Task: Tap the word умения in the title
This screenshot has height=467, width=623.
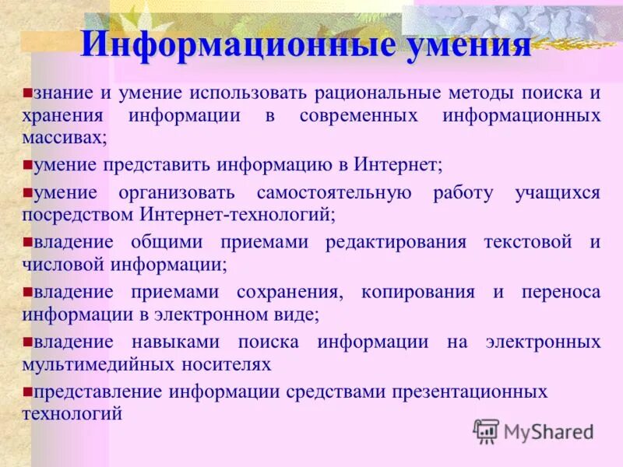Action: pyautogui.click(x=466, y=45)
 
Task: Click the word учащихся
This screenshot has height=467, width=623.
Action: pyautogui.click(x=557, y=193)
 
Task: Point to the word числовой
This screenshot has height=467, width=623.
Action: pyautogui.click(x=63, y=264)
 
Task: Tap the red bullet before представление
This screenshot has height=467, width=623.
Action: pyautogui.click(x=26, y=391)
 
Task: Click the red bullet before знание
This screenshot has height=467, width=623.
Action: pyautogui.click(x=26, y=93)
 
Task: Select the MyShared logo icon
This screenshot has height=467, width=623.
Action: pyautogui.click(x=486, y=431)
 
